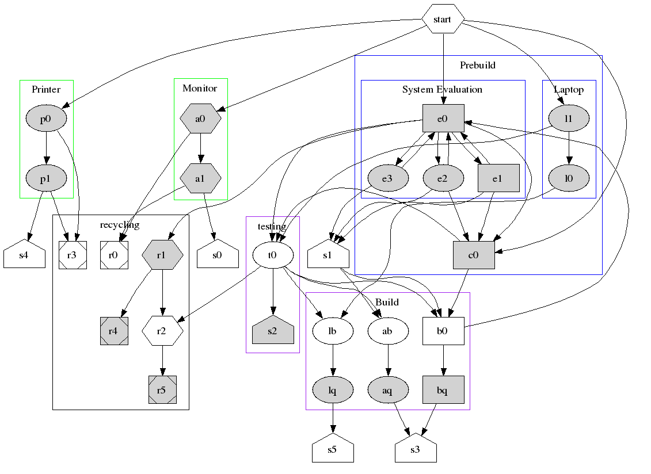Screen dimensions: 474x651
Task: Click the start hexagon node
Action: click(443, 19)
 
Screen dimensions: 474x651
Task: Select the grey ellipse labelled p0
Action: click(46, 119)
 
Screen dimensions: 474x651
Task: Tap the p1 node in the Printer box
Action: click(46, 178)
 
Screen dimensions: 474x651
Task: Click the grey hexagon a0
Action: click(200, 119)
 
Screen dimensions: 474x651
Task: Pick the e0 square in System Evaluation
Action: click(443, 119)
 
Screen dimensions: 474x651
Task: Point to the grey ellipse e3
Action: click(387, 178)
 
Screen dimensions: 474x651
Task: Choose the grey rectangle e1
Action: click(498, 178)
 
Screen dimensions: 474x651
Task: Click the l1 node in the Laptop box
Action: click(569, 119)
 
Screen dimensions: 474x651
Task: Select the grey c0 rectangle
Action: click(473, 255)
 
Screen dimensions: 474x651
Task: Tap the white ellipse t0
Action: click(273, 255)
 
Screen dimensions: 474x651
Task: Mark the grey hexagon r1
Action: click(162, 255)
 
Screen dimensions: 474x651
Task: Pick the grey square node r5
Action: click(162, 390)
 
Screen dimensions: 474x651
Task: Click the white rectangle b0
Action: click(443, 331)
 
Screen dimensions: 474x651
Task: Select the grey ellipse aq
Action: click(387, 391)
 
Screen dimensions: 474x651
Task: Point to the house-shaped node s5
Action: click(333, 449)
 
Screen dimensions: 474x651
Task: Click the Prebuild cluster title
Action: click(477, 65)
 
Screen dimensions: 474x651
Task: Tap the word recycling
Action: click(120, 224)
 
